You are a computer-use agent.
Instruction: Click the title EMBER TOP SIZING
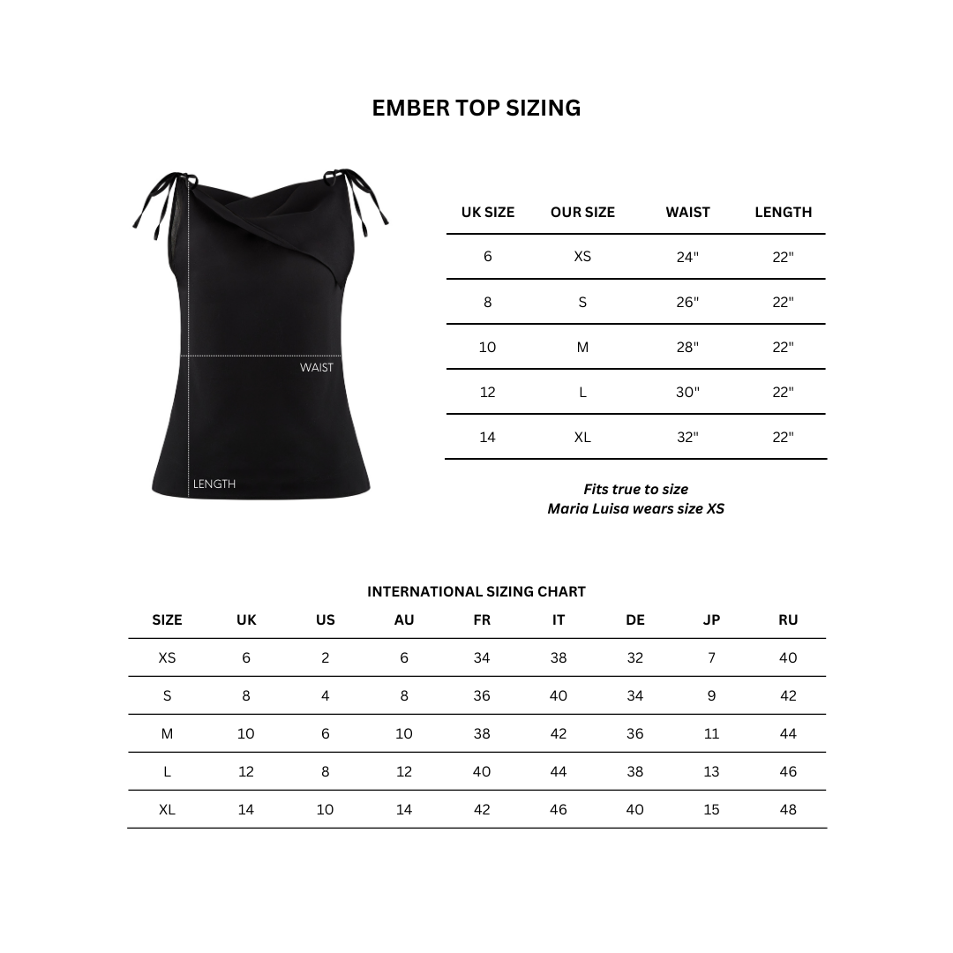[476, 108]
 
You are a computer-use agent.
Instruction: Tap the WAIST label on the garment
[317, 367]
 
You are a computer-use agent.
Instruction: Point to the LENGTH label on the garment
[214, 484]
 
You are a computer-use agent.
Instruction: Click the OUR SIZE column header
[582, 212]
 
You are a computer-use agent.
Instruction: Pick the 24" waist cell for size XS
[687, 257]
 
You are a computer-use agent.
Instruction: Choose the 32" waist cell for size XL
[687, 437]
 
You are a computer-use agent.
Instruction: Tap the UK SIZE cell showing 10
[488, 347]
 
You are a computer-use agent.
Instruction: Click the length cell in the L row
[783, 392]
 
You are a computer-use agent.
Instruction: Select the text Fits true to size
[635, 489]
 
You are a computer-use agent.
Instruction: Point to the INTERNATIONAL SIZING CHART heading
[476, 591]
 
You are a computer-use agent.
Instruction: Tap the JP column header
[711, 619]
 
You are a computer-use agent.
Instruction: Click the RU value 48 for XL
[788, 809]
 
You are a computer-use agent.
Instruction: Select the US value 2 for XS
[326, 657]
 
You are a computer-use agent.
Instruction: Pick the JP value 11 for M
[711, 733]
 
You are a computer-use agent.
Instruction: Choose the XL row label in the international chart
[167, 809]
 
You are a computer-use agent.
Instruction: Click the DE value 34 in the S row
[635, 695]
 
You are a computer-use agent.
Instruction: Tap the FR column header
[482, 619]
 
